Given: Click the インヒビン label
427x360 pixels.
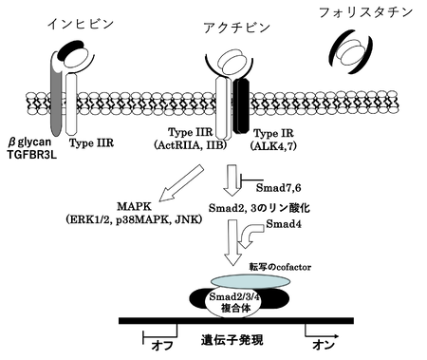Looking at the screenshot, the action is tap(80, 25).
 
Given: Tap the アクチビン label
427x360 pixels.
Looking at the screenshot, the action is tap(236, 28).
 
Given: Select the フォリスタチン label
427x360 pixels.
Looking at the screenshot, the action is tap(366, 12).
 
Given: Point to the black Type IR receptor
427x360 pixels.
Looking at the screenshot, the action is tap(241, 105).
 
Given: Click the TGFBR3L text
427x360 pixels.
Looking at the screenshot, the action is tap(32, 155).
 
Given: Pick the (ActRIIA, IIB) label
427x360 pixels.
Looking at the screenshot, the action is tap(191, 145).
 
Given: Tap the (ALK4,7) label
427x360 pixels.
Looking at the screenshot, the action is tap(273, 145).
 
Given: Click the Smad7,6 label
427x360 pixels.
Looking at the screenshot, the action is tap(278, 188).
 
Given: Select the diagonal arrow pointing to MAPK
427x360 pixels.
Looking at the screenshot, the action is tap(181, 183).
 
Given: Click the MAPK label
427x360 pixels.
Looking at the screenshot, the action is tap(134, 207).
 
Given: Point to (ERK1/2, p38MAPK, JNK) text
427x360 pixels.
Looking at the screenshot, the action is tap(134, 219).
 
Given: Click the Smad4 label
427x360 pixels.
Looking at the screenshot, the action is tap(284, 224).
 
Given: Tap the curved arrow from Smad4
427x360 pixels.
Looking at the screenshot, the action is tap(250, 235).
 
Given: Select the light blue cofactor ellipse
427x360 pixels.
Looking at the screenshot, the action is tap(251, 281).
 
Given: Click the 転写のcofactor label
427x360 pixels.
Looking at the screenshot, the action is tap(280, 267).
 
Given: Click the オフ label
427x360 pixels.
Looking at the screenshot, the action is tap(162, 345).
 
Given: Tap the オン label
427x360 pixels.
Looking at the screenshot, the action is tap(324, 345).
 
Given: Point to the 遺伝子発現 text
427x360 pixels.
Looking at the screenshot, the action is tap(232, 340).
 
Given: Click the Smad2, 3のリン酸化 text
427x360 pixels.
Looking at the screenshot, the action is tap(259, 208).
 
